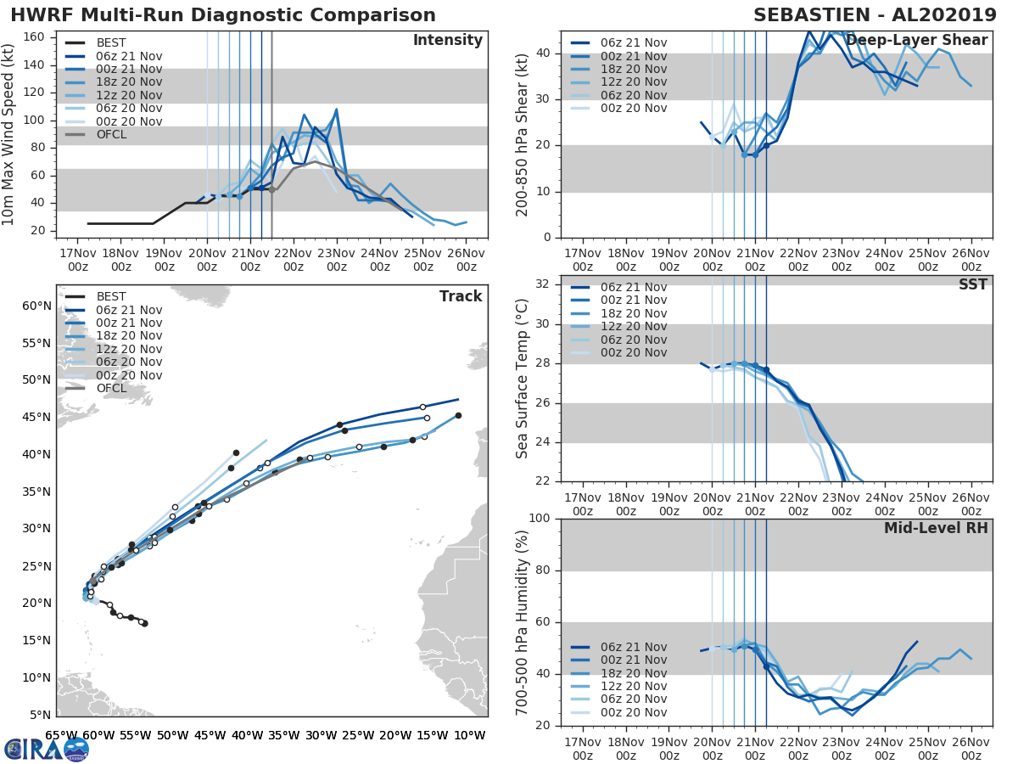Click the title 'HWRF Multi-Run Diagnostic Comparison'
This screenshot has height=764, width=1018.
tap(223, 15)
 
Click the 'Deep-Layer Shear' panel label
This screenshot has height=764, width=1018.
tap(916, 41)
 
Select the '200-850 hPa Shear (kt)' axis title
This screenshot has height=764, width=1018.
tap(523, 133)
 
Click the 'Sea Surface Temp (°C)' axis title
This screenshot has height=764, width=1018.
tap(523, 378)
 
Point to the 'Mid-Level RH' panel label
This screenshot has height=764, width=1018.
tap(936, 528)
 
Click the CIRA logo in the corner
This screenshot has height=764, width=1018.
tap(47, 749)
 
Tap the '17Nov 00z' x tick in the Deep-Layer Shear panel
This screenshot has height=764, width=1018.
tap(583, 260)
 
